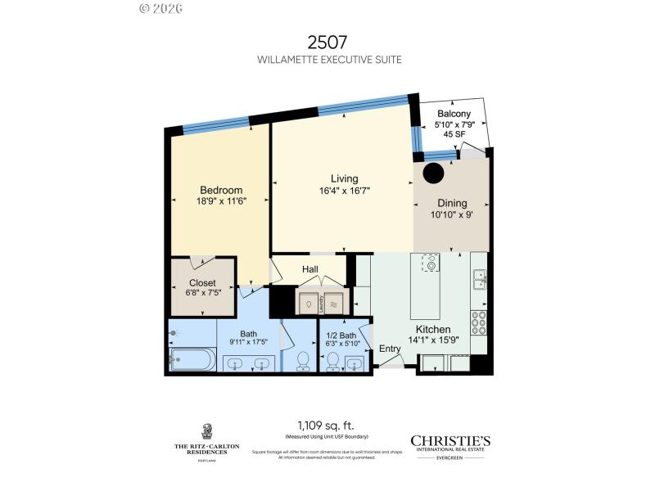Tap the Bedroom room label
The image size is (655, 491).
(221, 191)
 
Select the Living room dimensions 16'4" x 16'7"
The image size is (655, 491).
(345, 191)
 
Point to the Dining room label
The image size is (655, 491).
(453, 204)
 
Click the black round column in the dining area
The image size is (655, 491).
(432, 173)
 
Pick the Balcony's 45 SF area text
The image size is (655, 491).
(452, 135)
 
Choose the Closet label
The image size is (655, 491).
(202, 283)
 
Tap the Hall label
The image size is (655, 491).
(310, 269)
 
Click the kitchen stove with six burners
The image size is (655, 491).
(479, 324)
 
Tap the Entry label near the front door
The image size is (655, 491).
(390, 349)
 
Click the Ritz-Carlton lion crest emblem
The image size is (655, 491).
(207, 431)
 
